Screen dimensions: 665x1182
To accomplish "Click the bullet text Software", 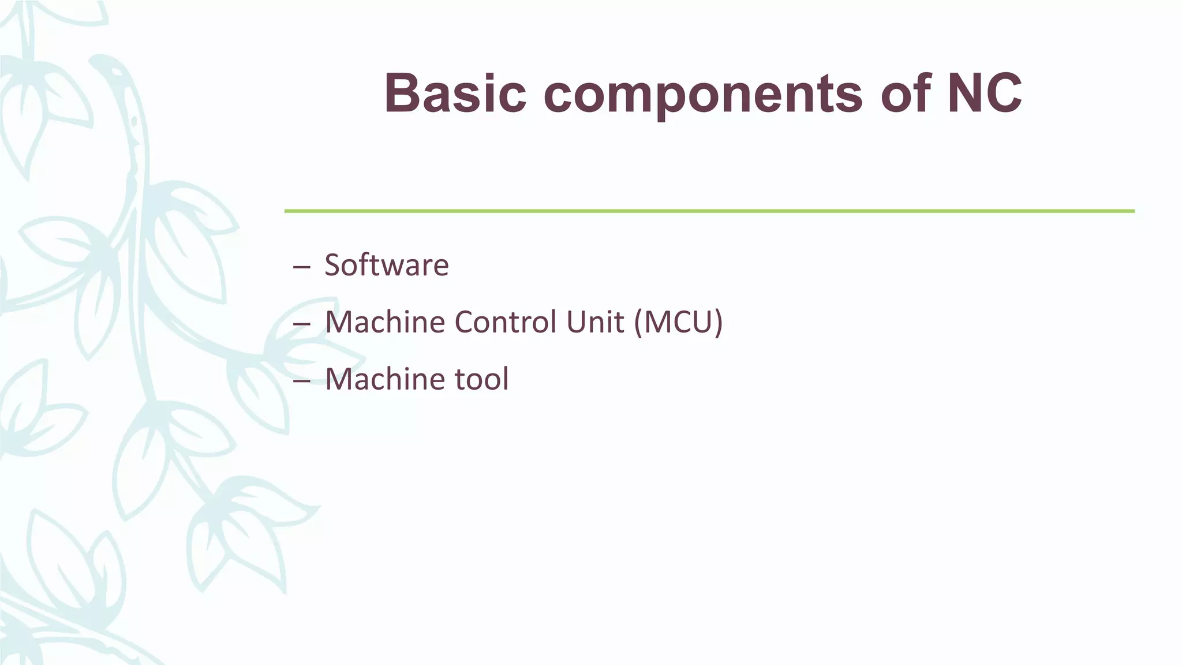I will point(386,266).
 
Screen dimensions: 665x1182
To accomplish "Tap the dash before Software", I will point(301,267).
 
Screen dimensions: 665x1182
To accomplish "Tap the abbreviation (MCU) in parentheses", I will point(678,322).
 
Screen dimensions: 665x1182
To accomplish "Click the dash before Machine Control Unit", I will point(301,324).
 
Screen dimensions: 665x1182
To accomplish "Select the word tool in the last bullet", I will point(481,379).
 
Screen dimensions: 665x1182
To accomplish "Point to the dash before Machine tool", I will point(301,381).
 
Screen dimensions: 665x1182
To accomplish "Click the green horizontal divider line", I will point(709,211).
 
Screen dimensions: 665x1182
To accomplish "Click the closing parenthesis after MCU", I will point(719,322).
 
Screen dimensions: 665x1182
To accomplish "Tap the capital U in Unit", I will point(575,322).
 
